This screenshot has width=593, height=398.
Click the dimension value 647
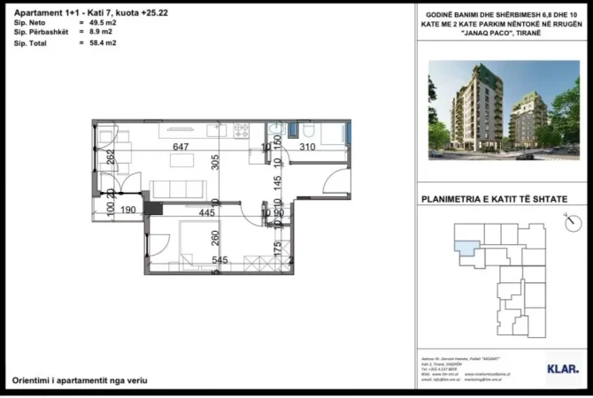click(181, 147)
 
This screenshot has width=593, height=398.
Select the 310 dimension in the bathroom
click(307, 147)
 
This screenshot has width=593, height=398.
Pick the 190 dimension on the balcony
click(127, 210)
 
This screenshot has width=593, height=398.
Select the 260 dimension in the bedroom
click(215, 237)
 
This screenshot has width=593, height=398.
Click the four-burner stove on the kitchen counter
click(240, 131)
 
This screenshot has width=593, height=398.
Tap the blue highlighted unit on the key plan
click(466, 233)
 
